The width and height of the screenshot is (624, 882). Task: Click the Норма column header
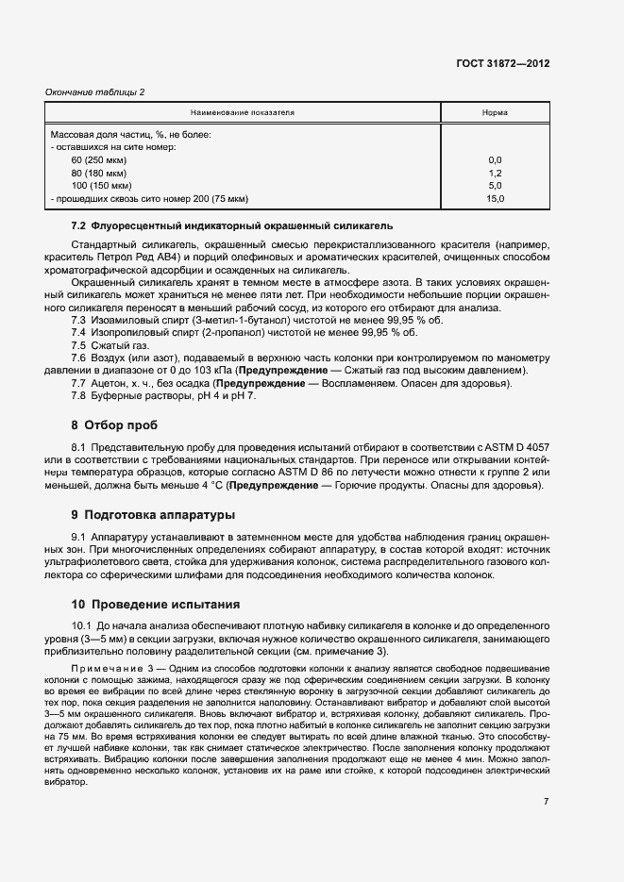pyautogui.click(x=495, y=112)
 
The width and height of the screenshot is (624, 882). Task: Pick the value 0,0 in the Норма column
pyautogui.click(x=495, y=160)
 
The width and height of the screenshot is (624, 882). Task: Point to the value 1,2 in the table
pyautogui.click(x=495, y=174)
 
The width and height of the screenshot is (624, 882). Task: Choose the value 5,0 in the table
pyautogui.click(x=495, y=187)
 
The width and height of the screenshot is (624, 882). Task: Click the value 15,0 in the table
pyautogui.click(x=495, y=200)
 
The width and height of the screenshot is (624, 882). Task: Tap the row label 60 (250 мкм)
pyautogui.click(x=99, y=160)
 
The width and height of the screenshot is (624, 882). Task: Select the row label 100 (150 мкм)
pyautogui.click(x=102, y=187)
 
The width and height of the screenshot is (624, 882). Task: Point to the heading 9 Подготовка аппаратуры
pyautogui.click(x=154, y=515)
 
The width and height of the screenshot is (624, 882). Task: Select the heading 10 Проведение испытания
pyautogui.click(x=156, y=604)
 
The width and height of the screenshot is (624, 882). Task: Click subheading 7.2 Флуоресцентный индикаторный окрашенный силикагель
pyautogui.click(x=232, y=226)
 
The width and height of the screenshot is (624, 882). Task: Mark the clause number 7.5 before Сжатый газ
pyautogui.click(x=79, y=347)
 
